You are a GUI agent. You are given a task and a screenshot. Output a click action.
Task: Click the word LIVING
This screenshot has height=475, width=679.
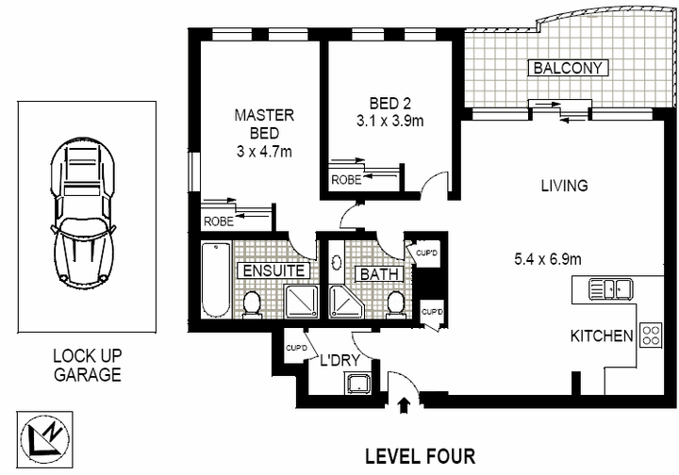point(564,186)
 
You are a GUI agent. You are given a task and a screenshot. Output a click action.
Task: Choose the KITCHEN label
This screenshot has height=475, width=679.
point(601,336)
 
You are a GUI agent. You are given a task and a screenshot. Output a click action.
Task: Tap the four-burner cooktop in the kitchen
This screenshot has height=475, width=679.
point(650,335)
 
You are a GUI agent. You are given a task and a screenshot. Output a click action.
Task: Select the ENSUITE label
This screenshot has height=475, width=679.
point(273,271)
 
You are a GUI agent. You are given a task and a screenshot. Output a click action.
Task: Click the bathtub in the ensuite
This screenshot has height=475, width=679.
point(215,280)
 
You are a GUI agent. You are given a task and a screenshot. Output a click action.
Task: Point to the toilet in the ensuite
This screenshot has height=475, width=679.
point(252,304)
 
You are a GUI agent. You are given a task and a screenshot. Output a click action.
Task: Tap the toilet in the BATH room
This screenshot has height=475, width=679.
point(396,304)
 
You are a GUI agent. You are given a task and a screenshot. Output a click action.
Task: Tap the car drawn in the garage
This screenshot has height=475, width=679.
point(86,213)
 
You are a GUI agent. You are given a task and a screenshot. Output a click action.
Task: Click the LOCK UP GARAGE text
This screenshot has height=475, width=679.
point(87,366)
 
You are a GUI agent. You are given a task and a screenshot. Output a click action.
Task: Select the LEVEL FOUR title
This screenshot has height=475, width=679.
point(420,456)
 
